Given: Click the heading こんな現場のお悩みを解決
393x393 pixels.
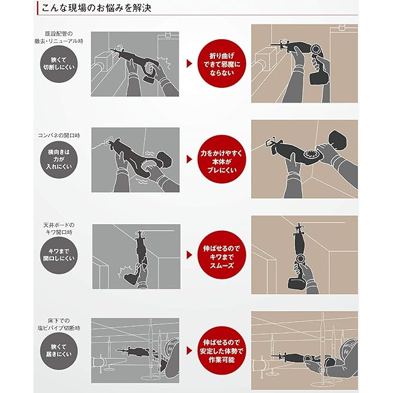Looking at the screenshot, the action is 96,8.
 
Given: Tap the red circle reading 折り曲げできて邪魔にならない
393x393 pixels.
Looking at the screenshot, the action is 222,64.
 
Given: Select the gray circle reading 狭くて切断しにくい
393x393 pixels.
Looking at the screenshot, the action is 59,64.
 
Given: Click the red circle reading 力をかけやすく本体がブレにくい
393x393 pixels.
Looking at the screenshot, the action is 222,160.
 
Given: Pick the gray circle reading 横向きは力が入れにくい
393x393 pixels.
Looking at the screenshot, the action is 59,160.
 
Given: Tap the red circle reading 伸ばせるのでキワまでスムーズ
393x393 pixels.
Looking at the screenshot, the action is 222,255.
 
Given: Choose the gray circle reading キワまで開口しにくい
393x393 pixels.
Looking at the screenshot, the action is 59,255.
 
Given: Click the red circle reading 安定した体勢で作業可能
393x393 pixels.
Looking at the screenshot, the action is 222,351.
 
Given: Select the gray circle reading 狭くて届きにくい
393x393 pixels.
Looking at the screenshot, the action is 59,351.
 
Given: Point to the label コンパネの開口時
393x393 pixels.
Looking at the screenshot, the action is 59,136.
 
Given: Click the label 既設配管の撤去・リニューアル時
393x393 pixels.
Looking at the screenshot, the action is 59,37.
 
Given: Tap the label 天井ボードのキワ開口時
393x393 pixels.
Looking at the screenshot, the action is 59,228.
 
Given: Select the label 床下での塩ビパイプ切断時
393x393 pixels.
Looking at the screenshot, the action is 59,324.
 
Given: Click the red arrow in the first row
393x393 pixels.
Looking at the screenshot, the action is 189,64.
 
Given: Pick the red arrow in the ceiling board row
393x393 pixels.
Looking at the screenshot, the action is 189,255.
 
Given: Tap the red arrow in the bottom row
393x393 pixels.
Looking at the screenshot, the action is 189,351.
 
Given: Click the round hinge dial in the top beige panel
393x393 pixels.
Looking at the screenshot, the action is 317,50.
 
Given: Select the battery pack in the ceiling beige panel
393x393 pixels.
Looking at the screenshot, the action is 297,282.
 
